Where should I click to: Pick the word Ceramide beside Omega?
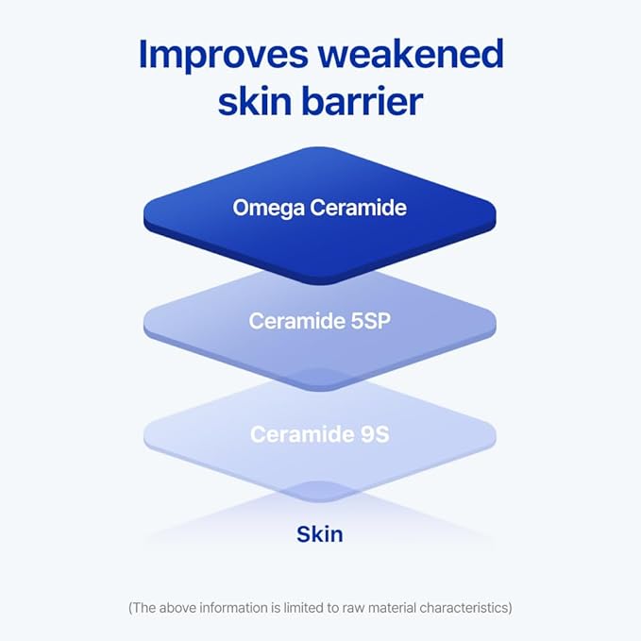click(363, 208)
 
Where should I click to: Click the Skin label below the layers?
click(320, 534)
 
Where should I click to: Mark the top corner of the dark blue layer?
click(320, 149)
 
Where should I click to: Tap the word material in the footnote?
click(391, 608)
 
